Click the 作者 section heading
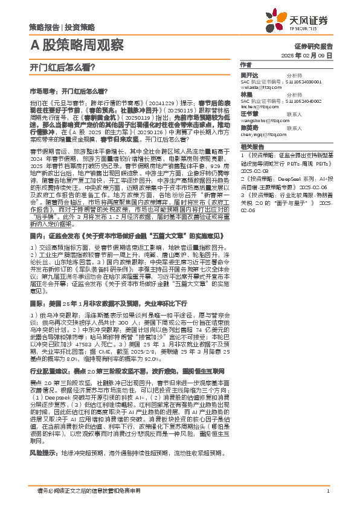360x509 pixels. [245, 64]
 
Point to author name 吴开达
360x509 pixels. [248, 74]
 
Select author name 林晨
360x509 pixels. [246, 95]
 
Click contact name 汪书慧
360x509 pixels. [248, 114]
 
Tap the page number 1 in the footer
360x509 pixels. [327, 491]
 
